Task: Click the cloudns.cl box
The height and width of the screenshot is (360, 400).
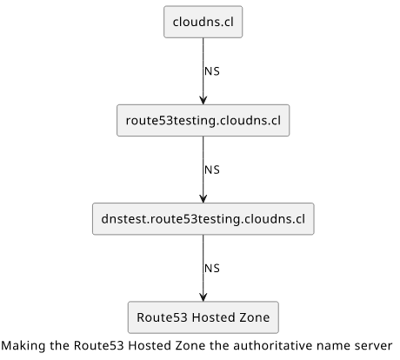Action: point(203,22)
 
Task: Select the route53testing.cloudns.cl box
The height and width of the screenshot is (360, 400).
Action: point(203,120)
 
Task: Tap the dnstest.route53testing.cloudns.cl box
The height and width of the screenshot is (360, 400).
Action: point(203,219)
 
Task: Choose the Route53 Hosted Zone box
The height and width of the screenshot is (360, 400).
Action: point(203,317)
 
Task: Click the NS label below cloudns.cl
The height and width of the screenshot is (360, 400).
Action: point(212,71)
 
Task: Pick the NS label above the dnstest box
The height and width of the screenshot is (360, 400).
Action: point(212,170)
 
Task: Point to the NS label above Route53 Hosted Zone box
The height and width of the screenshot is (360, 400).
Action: point(212,269)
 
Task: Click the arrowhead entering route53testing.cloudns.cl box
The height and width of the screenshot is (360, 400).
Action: point(203,100)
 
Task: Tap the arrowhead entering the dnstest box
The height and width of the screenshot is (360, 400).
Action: point(203,198)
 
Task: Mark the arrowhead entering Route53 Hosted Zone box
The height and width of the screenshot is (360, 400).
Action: point(203,297)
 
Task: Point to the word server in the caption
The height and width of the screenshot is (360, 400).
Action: point(376,346)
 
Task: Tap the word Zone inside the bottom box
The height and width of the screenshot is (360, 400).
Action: point(255,317)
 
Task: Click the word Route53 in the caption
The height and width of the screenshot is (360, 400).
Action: point(98,345)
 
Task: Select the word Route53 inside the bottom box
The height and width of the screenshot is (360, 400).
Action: point(162,317)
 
